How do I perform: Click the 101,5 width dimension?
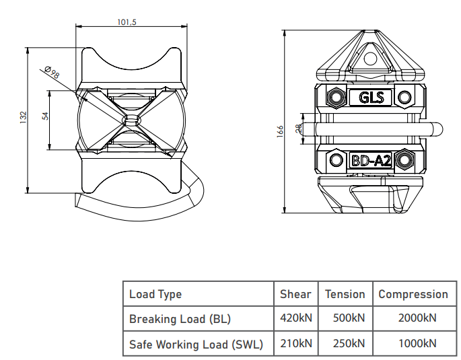pyautogui.click(x=127, y=22)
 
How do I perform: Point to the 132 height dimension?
pyautogui.click(x=24, y=117)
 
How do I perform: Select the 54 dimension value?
pyautogui.click(x=45, y=116)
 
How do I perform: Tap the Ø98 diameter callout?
pyautogui.click(x=52, y=72)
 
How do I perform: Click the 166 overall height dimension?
pyautogui.click(x=280, y=131)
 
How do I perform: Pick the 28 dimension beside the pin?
pyautogui.click(x=298, y=129)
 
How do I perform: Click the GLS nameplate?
pyautogui.click(x=371, y=98)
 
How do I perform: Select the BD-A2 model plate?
pyautogui.click(x=371, y=160)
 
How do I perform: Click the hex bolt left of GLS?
pyautogui.click(x=336, y=97)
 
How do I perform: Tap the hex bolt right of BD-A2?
pyautogui.click(x=404, y=160)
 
